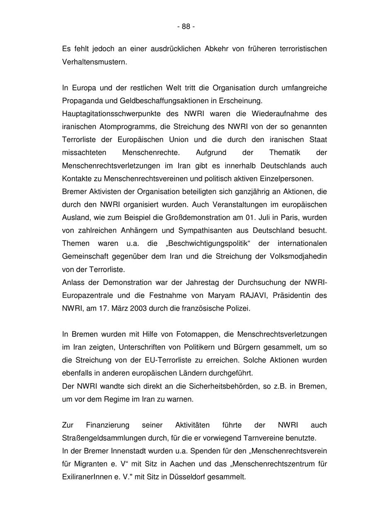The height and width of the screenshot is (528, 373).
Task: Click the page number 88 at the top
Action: (x=186, y=27)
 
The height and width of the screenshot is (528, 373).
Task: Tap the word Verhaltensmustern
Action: (x=94, y=62)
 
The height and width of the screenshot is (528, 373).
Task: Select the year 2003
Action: (x=131, y=308)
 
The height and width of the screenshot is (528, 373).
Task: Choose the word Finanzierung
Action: (x=108, y=425)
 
